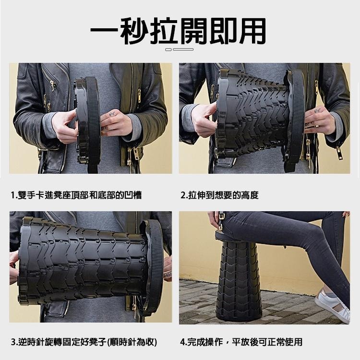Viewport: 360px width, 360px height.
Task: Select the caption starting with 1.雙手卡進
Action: click(x=76, y=195)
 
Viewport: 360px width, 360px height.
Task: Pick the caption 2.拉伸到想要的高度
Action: click(x=219, y=195)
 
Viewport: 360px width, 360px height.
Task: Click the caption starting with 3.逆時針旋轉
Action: click(x=84, y=342)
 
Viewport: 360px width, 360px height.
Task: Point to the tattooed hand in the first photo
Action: click(x=116, y=122)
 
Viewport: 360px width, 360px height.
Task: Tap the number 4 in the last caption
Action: click(x=182, y=342)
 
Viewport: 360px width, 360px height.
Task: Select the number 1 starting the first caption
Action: click(x=13, y=195)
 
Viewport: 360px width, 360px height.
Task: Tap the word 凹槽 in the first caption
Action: click(x=133, y=195)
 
